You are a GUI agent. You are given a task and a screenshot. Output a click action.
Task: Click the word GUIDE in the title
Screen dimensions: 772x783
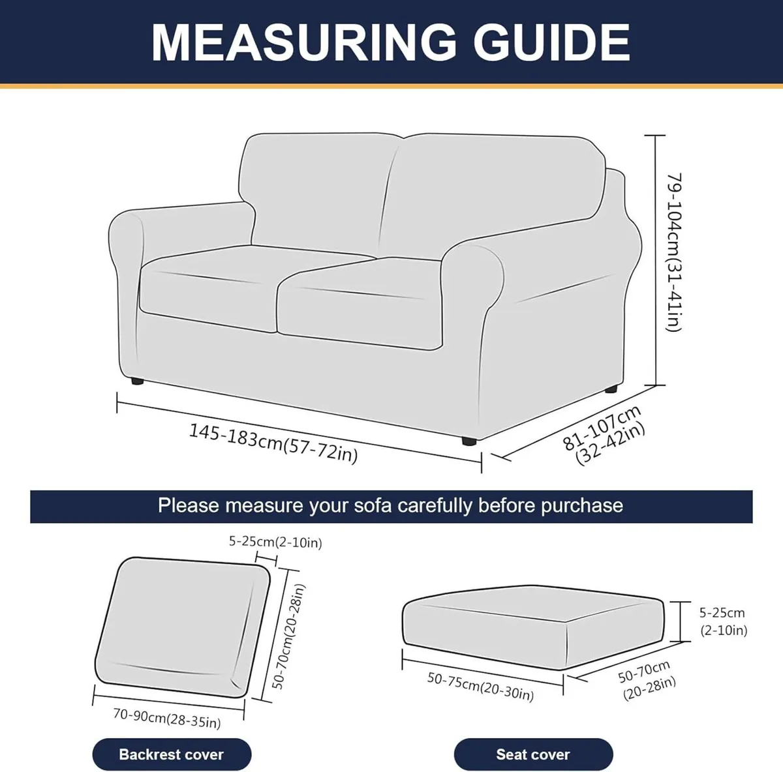point(551,42)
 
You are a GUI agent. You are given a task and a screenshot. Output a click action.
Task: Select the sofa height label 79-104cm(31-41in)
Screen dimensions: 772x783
point(674,252)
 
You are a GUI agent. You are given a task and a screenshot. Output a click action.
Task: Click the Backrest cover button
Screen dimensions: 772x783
point(172,754)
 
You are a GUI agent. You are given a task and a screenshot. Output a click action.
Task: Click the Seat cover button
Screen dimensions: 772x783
point(533,754)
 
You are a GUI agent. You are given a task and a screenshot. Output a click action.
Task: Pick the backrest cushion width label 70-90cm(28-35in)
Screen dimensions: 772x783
point(167,718)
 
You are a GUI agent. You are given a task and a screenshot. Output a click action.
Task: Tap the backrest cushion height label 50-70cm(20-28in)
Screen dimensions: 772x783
point(289,636)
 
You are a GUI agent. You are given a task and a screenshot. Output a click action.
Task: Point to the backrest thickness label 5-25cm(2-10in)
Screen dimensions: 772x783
point(275,542)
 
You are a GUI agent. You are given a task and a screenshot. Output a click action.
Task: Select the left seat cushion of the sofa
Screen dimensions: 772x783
point(209,287)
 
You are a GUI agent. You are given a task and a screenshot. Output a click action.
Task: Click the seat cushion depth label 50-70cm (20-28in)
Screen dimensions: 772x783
point(647,680)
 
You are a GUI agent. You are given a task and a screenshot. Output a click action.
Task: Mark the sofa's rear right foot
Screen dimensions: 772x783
point(611,389)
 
